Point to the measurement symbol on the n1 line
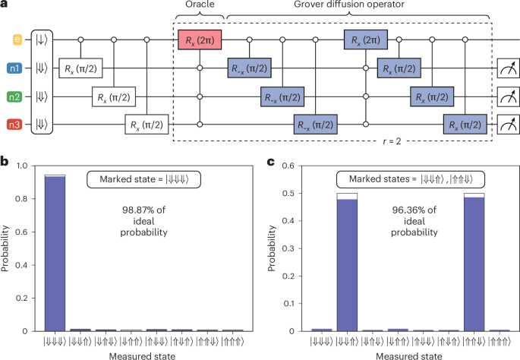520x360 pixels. coord(506,68)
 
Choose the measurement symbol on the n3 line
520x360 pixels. coord(506,125)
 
